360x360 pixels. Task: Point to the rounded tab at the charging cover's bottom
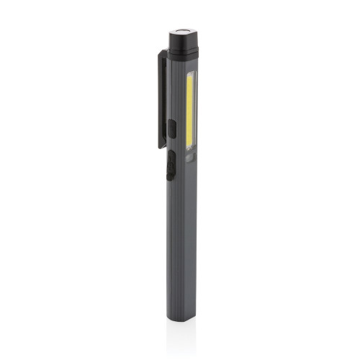pos(170,177)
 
